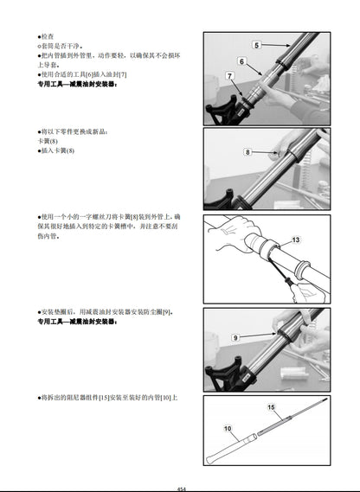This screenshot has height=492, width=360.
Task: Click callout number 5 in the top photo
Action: [x=257, y=43]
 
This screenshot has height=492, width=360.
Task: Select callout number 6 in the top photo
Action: [x=242, y=61]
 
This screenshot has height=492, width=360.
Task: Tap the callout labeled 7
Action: [x=229, y=77]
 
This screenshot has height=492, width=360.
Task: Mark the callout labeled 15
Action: [x=271, y=406]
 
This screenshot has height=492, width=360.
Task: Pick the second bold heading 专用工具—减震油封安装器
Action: [x=78, y=322]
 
